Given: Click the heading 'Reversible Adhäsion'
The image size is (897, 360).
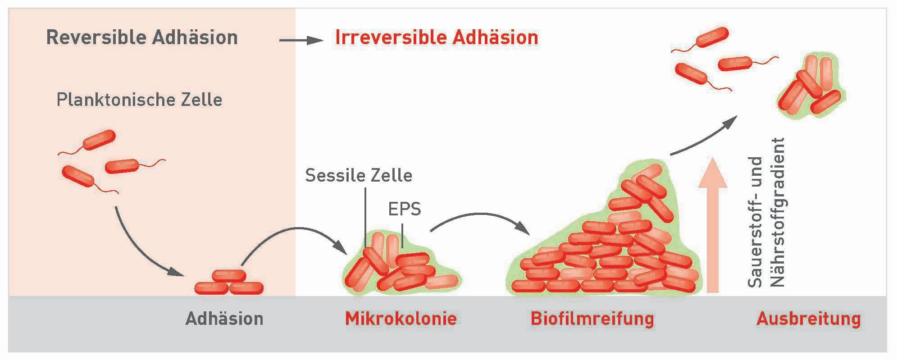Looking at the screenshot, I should [142, 37].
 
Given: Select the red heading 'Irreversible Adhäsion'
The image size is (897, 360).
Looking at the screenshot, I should [437, 37].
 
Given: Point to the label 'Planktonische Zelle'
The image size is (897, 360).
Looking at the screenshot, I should [139, 100].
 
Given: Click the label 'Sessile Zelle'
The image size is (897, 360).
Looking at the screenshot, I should [359, 175].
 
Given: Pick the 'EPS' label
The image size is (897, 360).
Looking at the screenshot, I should [404, 209].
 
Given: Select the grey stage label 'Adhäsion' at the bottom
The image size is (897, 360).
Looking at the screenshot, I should [224, 319].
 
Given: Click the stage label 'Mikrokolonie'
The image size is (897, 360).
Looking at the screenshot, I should [401, 319].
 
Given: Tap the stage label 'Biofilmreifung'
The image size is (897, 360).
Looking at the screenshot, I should [592, 319].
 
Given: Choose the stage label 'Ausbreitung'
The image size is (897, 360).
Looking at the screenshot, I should [808, 319].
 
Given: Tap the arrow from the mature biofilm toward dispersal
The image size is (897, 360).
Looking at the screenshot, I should [703, 136].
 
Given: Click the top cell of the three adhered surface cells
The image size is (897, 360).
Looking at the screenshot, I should [229, 276].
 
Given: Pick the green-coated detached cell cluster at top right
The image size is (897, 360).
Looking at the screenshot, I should [810, 85].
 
